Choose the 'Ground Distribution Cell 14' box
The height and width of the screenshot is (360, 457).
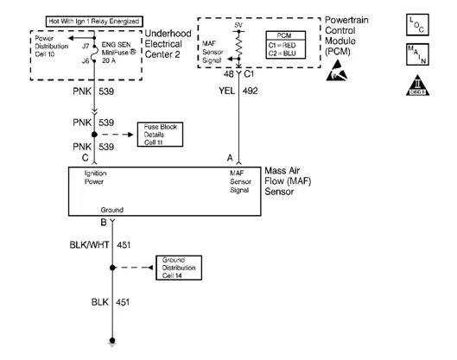pyautogui.click(x=180, y=266)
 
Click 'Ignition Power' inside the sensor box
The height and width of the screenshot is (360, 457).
pyautogui.click(x=96, y=179)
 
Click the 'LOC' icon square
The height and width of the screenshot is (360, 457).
pyautogui.click(x=416, y=24)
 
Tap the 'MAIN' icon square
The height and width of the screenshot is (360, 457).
pyautogui.click(x=416, y=60)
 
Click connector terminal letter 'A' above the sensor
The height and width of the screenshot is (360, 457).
pyautogui.click(x=230, y=157)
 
